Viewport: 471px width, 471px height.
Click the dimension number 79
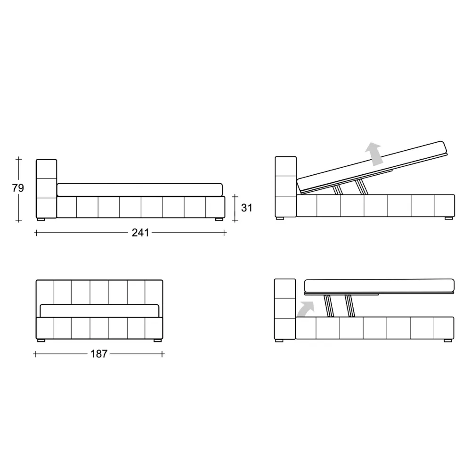tap(18, 188)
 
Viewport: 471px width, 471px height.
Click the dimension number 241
tap(140, 233)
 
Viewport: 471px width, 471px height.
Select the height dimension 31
tap(247, 208)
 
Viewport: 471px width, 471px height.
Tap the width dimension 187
tap(99, 354)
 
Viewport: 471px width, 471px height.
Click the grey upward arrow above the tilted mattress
tap(374, 154)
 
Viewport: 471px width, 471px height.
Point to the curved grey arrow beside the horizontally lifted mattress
tap(306, 309)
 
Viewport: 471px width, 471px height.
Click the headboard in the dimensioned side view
tap(46, 189)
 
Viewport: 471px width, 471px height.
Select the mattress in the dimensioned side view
tap(140, 190)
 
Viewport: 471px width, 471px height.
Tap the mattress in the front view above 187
tap(99, 311)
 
